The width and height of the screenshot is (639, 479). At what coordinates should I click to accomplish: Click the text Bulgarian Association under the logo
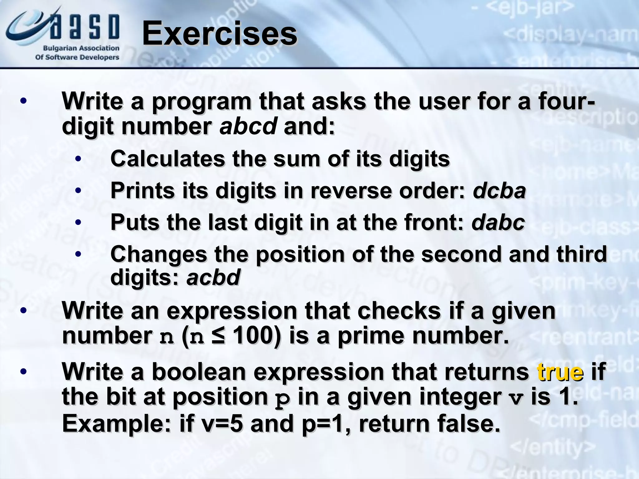[81, 48]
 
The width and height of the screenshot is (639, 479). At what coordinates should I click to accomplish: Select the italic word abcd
[248, 127]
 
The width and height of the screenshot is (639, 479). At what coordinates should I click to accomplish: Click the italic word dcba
[499, 191]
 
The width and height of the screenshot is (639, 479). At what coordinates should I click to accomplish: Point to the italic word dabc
[498, 223]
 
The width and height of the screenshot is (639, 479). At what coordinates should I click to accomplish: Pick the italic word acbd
[213, 277]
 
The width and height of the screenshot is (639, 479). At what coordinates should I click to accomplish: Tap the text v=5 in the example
[222, 423]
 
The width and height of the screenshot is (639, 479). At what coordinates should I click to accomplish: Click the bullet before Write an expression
[23, 311]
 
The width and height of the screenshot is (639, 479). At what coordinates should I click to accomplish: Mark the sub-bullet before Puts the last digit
[78, 223]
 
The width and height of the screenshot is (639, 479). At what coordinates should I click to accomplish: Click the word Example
[116, 423]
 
